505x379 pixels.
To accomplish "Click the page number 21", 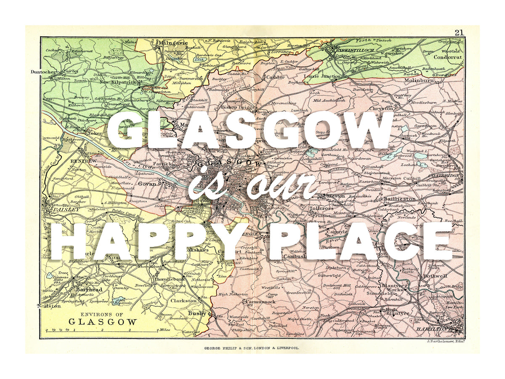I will tap(459, 32).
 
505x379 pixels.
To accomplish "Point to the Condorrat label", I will tap(448, 57).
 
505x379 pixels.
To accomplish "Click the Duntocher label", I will tap(43, 72).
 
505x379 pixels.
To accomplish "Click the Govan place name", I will tap(148, 184).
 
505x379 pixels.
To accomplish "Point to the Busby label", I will tap(197, 313).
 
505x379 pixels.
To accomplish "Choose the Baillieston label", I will tap(399, 198).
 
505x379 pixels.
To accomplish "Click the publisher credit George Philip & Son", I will tap(252, 348).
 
